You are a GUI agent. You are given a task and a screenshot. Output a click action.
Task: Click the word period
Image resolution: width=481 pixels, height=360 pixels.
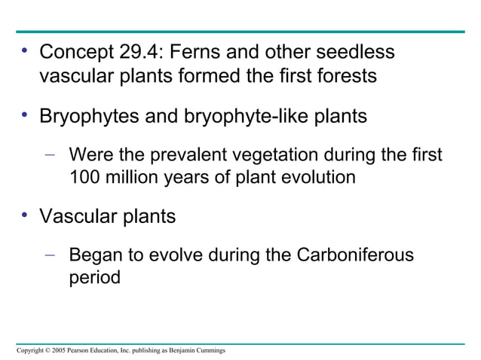94,277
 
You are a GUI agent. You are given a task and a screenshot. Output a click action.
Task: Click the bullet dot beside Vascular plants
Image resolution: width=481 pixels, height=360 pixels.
25,215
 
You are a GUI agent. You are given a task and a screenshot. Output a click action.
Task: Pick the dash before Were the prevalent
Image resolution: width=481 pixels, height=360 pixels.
50,156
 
